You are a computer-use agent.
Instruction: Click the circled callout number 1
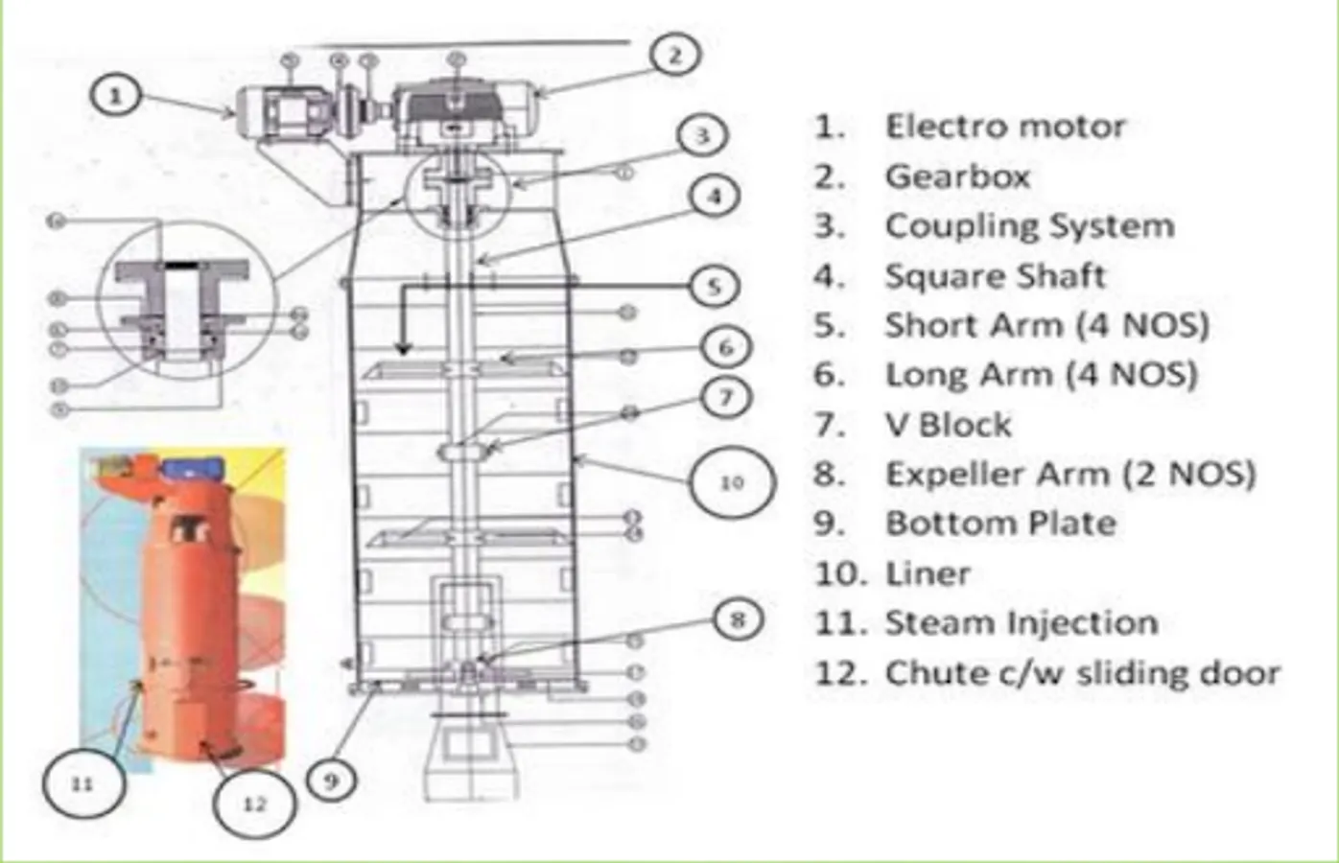(116, 96)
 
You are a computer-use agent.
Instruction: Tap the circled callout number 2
(674, 56)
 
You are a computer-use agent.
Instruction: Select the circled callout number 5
(714, 286)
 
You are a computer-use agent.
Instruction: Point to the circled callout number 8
(737, 619)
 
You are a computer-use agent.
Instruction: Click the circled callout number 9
(331, 781)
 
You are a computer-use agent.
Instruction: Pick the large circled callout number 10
(731, 481)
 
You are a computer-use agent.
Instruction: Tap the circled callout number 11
(82, 783)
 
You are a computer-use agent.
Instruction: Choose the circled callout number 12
(253, 804)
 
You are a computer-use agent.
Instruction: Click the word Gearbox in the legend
(957, 176)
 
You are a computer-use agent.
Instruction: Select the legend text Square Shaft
(995, 276)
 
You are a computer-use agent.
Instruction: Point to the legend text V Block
(948, 424)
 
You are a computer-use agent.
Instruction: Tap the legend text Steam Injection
(1021, 623)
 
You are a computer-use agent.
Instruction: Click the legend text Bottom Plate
(1000, 524)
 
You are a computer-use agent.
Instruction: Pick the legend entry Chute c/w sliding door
(1082, 673)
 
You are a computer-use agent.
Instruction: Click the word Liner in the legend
(928, 573)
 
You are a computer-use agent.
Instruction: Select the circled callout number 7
(725, 396)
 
